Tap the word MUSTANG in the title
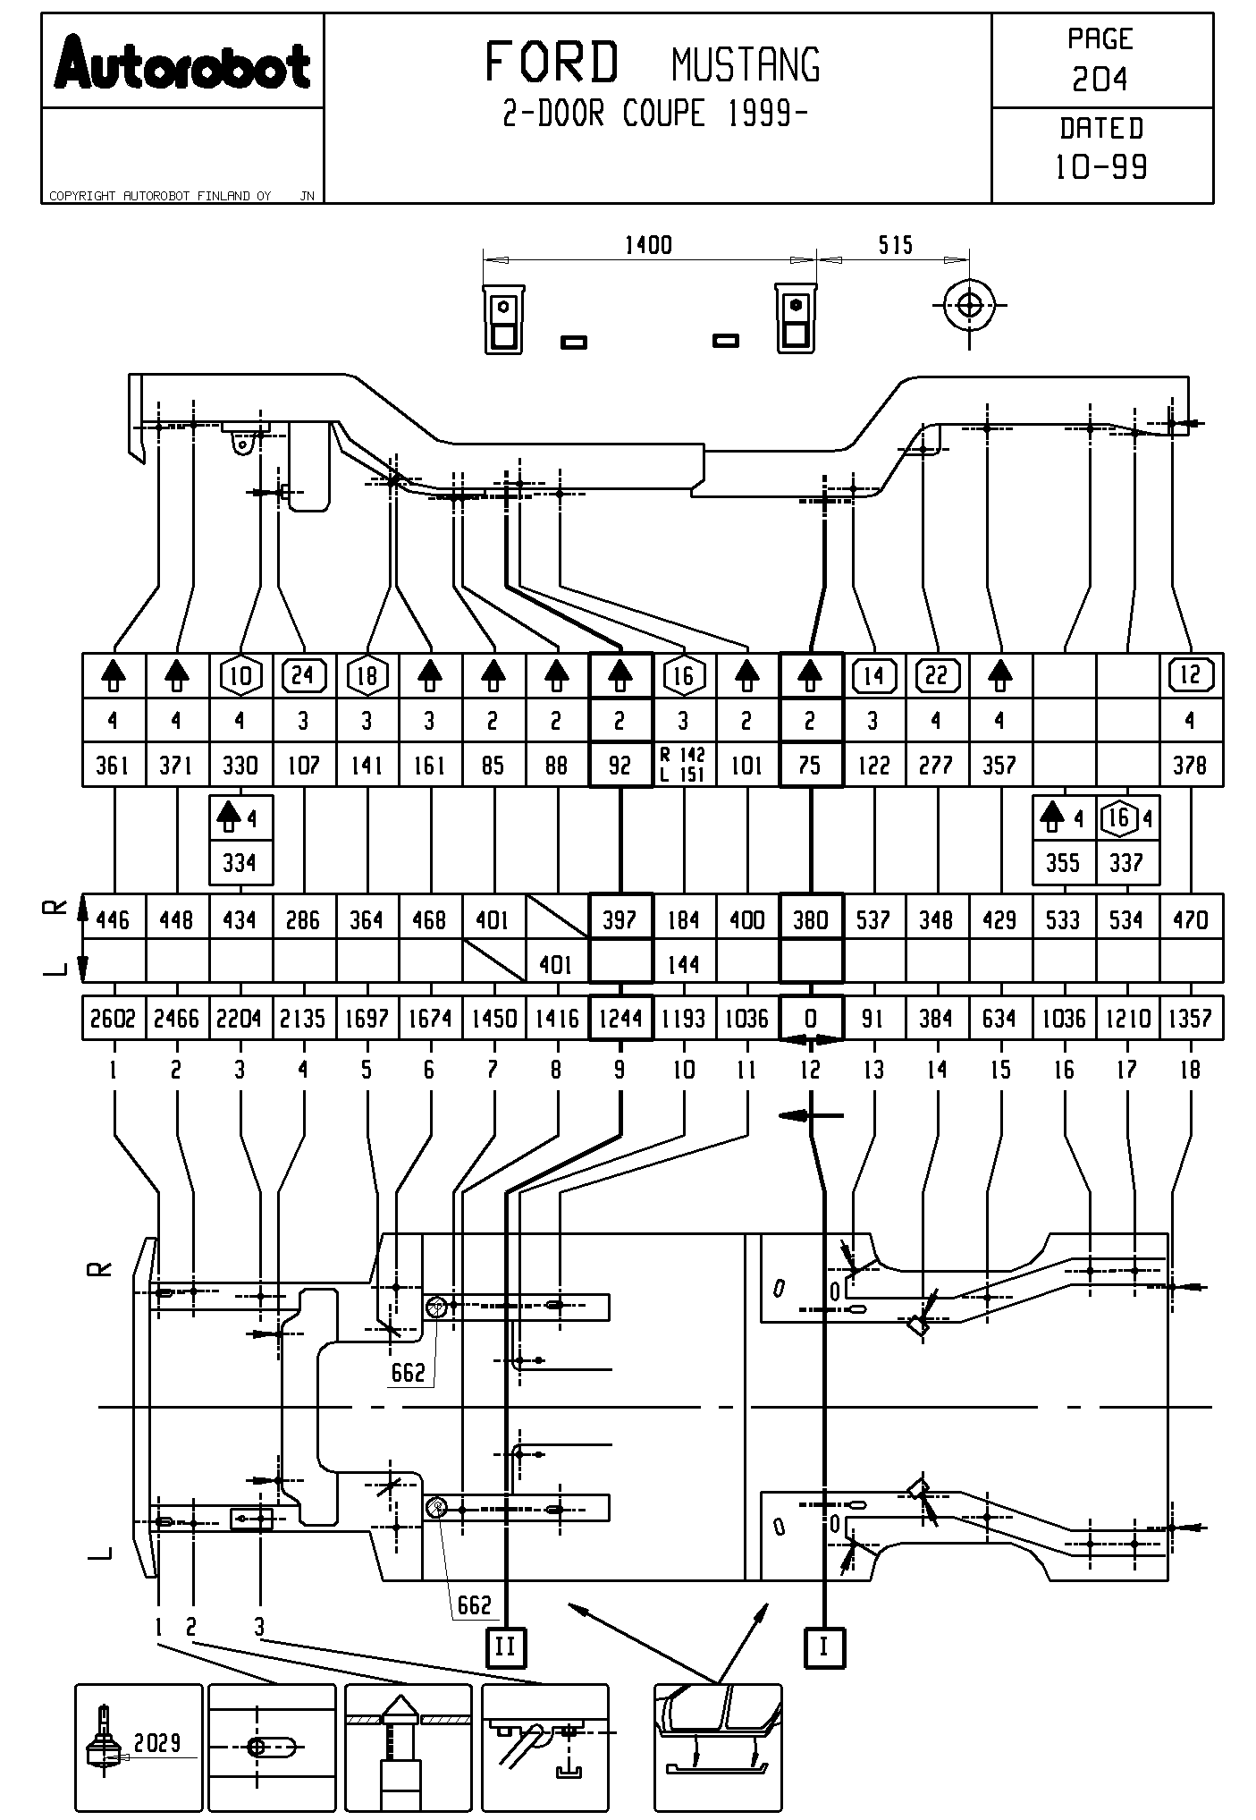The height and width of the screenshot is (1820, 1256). click(x=745, y=65)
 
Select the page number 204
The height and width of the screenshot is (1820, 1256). click(x=1100, y=80)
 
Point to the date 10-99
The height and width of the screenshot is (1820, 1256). click(x=1101, y=167)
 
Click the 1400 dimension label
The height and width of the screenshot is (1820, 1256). click(x=648, y=245)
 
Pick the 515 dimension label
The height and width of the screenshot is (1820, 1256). click(x=895, y=245)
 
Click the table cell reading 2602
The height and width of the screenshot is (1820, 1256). click(x=113, y=1019)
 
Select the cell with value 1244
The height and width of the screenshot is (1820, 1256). click(x=620, y=1019)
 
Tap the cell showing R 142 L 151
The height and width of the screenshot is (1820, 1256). click(x=684, y=766)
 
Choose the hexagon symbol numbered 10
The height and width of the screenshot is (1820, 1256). click(x=240, y=676)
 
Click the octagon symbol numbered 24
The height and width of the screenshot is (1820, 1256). click(x=304, y=675)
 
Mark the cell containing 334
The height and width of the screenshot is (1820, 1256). click(x=240, y=863)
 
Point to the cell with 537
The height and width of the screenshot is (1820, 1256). click(x=873, y=919)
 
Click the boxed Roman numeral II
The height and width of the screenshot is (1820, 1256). click(x=505, y=1646)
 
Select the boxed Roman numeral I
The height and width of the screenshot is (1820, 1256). click(x=824, y=1646)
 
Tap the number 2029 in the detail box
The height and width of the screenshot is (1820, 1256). click(x=157, y=1742)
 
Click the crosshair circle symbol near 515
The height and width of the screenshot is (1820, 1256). click(x=969, y=305)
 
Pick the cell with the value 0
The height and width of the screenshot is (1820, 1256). click(x=811, y=1019)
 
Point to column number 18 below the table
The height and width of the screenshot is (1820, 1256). click(x=1190, y=1070)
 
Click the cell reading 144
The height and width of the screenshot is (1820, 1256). click(x=684, y=964)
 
